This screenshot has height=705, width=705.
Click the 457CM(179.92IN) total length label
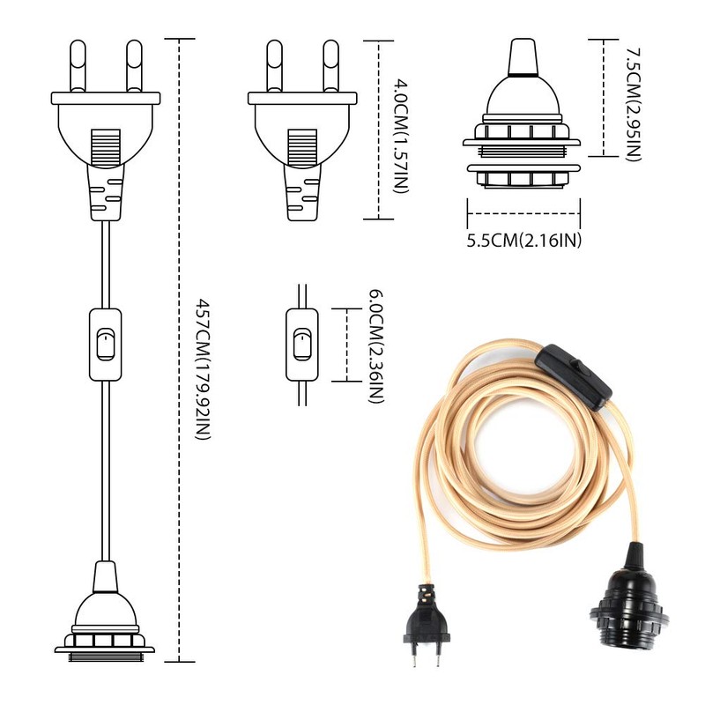coord(202,370)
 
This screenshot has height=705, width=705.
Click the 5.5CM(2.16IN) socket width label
coord(526,240)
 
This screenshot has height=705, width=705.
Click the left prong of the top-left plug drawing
coord(78,67)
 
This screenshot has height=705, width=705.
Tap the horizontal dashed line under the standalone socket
coord(524,211)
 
